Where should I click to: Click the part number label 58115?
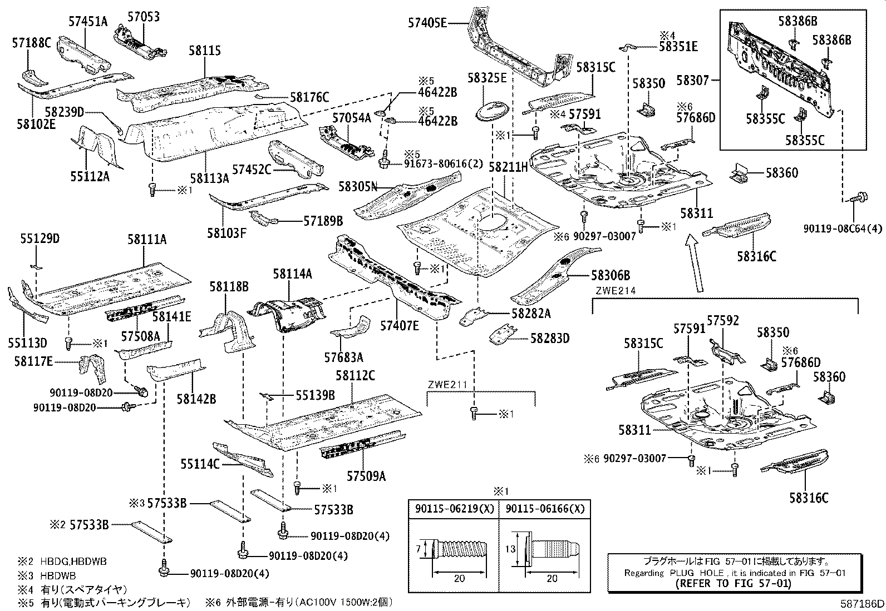point(204,51)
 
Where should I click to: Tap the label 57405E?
point(427,23)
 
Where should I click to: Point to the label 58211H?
point(508,166)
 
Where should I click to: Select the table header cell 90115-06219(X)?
point(454,509)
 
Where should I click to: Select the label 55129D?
point(40,239)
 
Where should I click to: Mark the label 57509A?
point(366,476)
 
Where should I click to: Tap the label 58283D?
point(549,337)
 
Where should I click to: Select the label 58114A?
point(292,274)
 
